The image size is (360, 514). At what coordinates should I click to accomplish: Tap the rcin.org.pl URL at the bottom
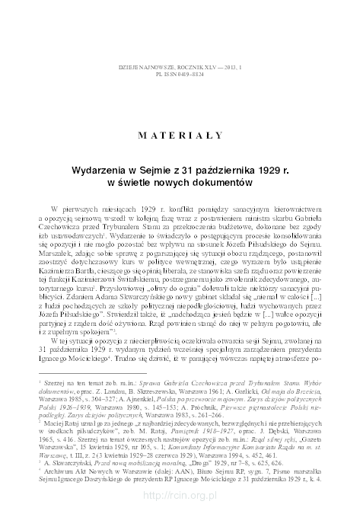coord(179,496)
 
